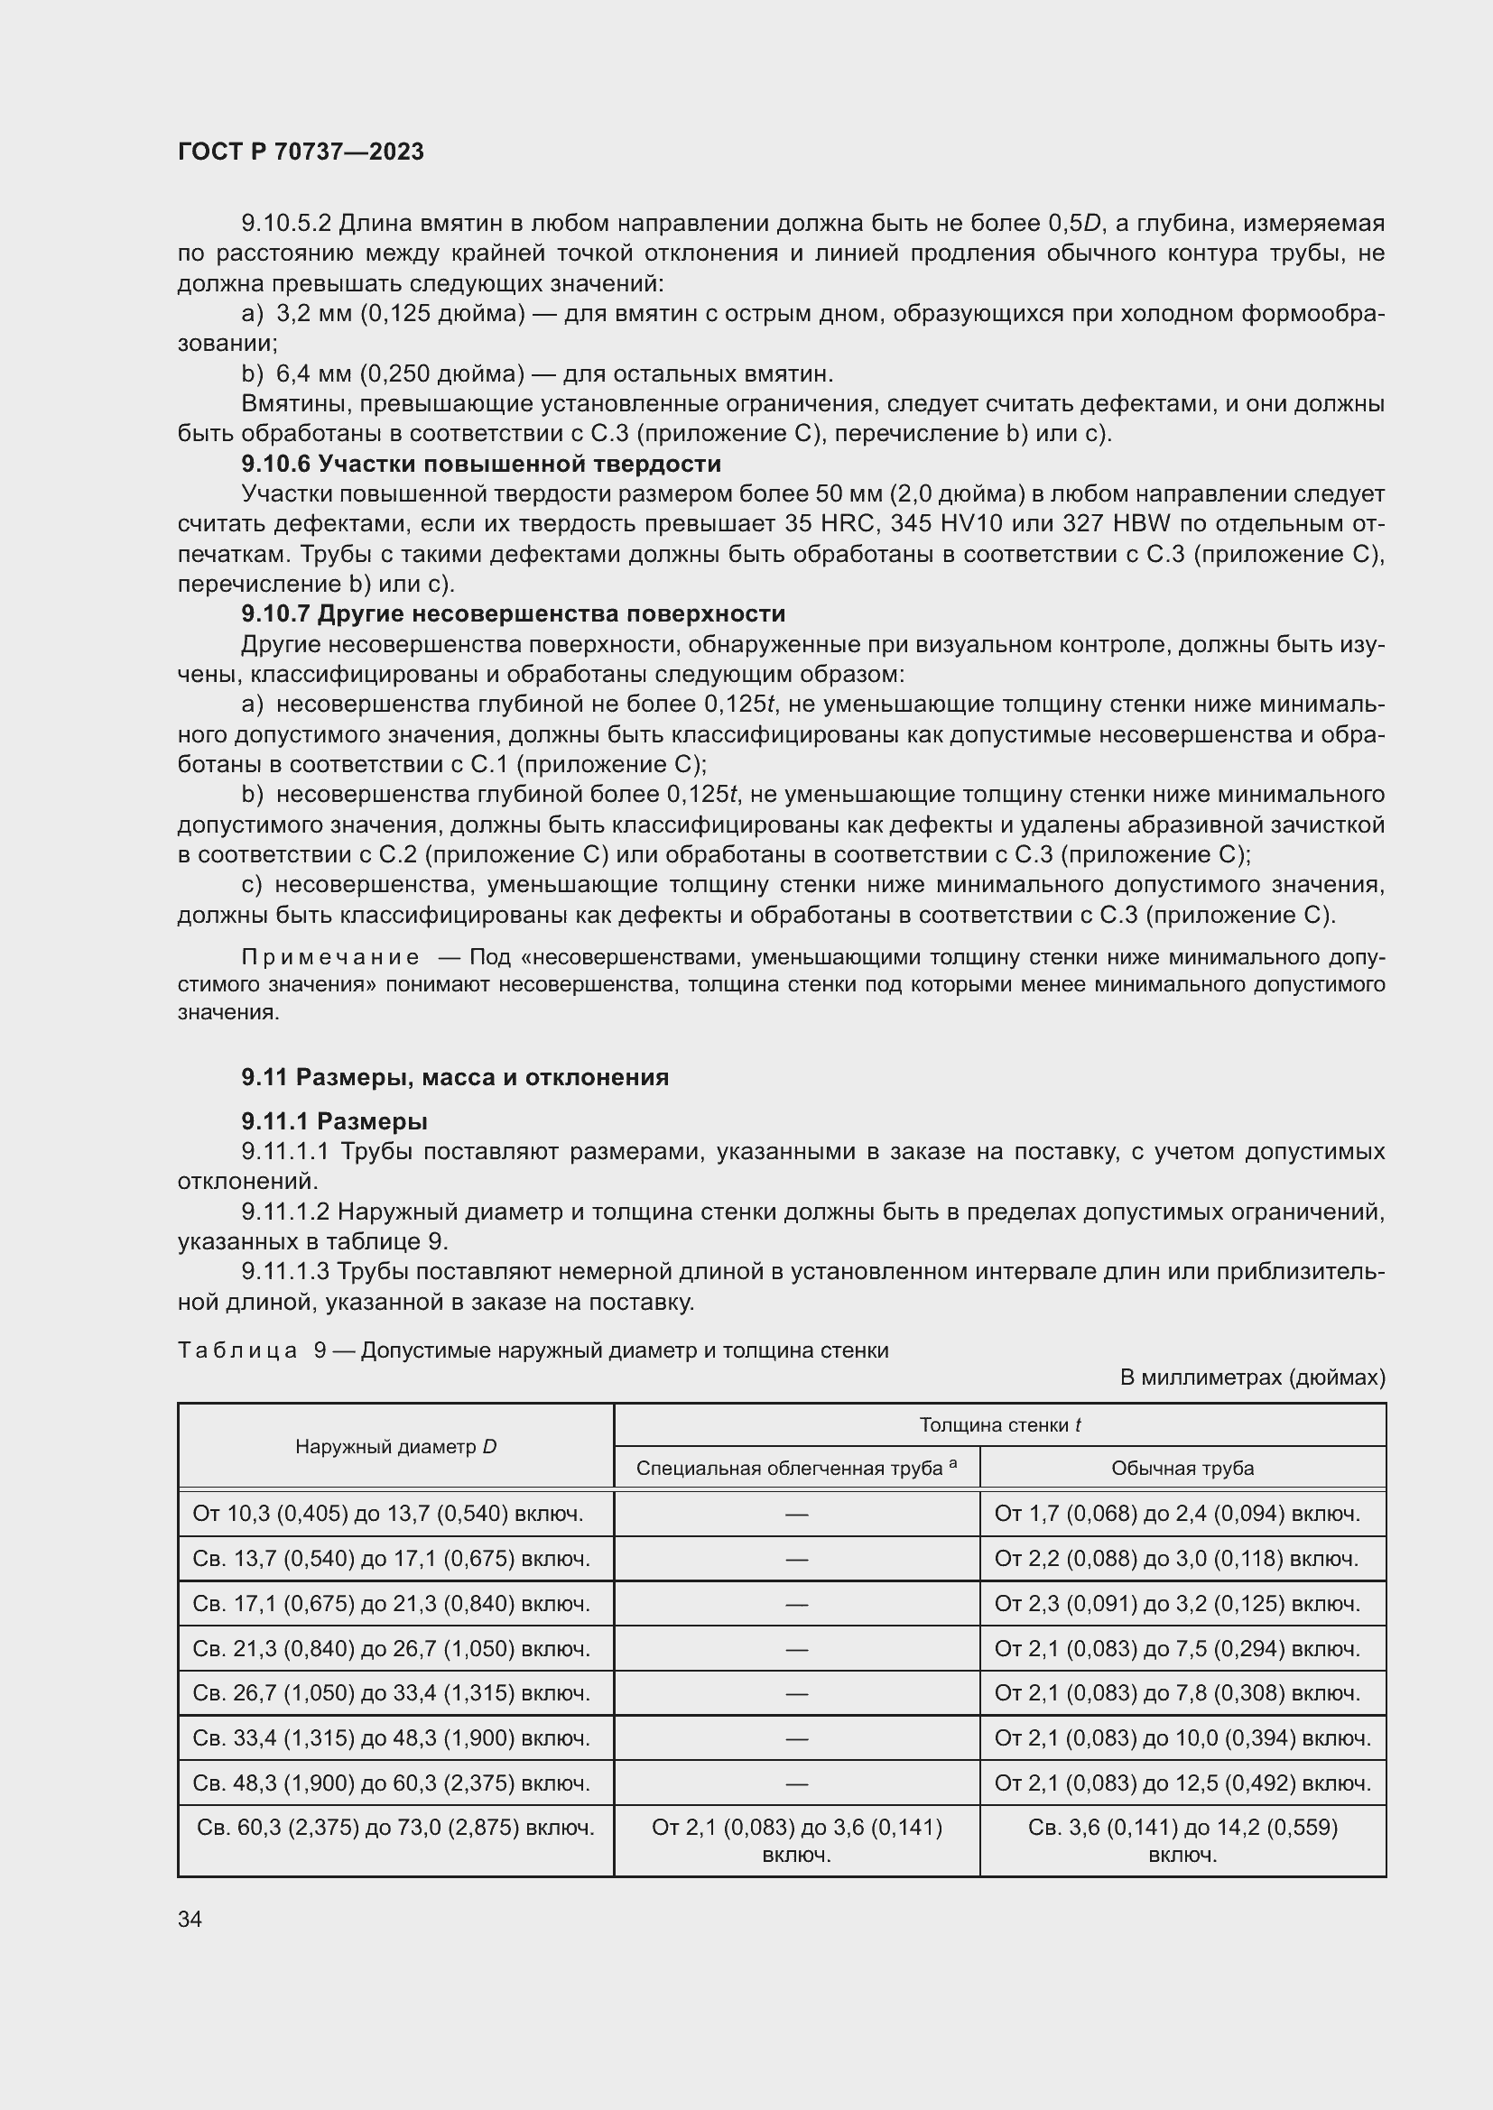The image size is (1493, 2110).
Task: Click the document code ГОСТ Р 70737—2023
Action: (301, 152)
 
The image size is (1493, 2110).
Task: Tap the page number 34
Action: (190, 1919)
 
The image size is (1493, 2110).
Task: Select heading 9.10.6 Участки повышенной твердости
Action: (481, 464)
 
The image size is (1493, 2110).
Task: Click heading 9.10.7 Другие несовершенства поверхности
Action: (513, 614)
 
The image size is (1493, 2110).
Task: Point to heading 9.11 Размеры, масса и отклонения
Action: (455, 1077)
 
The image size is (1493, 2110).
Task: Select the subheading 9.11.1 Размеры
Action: (335, 1121)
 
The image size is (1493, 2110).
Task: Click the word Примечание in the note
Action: (330, 958)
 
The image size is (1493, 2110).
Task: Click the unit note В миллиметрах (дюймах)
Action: (1252, 1377)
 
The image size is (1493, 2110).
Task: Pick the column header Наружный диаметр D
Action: (395, 1446)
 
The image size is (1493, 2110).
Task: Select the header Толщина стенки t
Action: (999, 1425)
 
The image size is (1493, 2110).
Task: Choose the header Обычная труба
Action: (1182, 1468)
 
